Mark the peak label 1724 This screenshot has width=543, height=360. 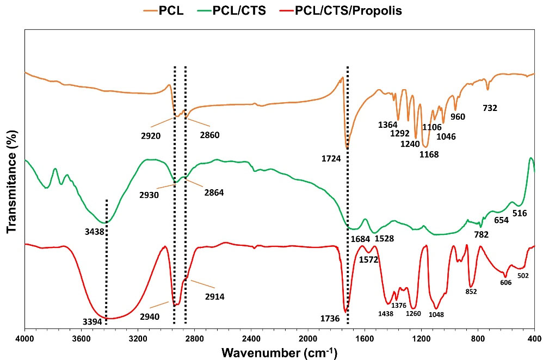click(331, 159)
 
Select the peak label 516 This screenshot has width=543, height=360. click(520, 214)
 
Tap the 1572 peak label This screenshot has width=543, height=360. click(369, 259)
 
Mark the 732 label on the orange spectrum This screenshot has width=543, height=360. click(490, 108)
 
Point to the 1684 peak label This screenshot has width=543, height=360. click(360, 238)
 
